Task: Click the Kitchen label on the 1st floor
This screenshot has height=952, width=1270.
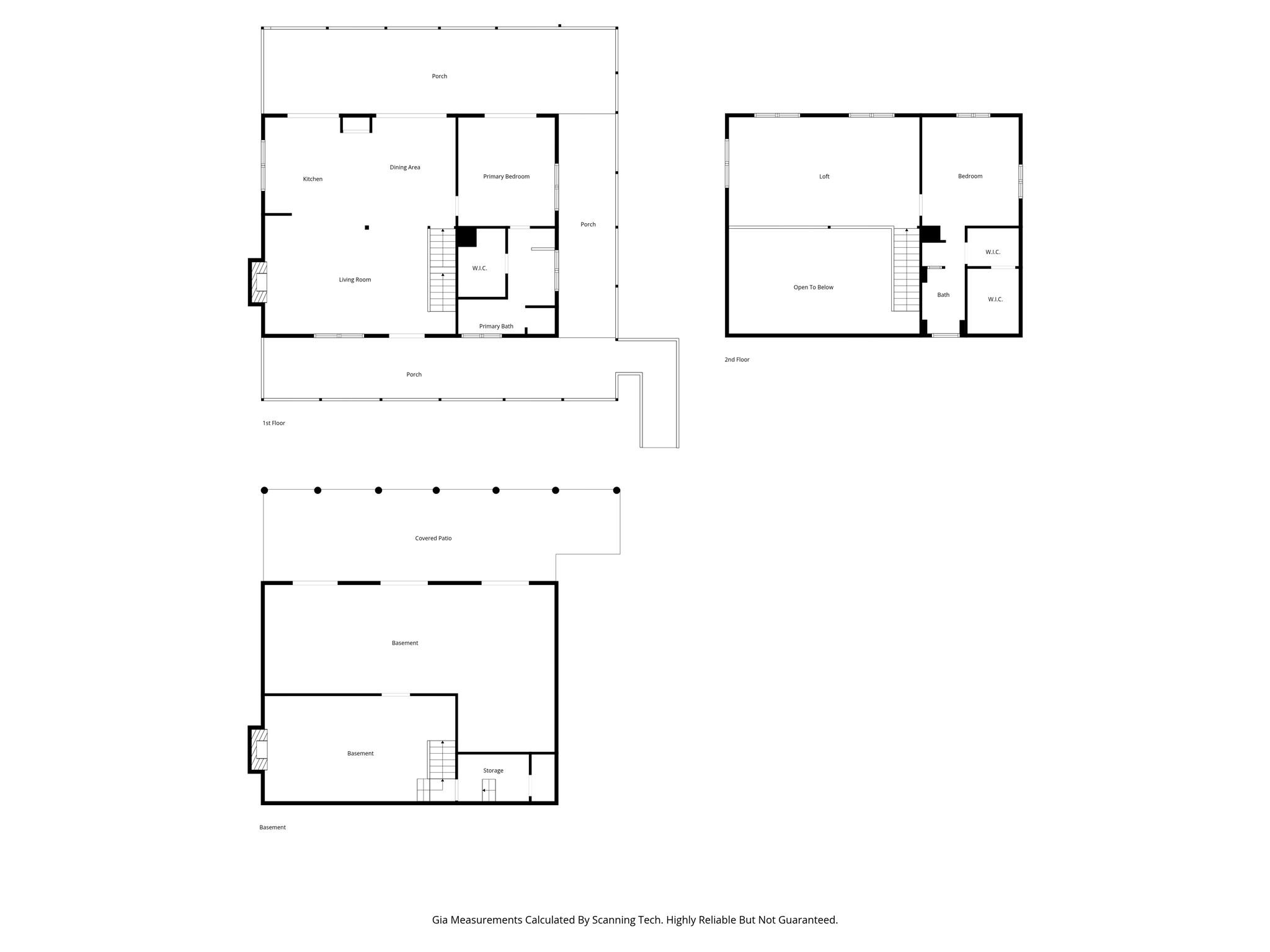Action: pos(313,179)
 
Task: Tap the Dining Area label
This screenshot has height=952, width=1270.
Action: pos(405,167)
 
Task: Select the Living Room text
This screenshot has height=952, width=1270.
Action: pos(355,280)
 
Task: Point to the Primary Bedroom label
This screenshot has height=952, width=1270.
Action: pos(506,177)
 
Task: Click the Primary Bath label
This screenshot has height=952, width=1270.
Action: pos(496,327)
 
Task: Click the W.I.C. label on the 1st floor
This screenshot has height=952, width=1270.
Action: pos(479,268)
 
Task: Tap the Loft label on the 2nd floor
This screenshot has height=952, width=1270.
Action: pos(824,177)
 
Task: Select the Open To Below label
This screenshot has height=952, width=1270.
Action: pos(813,288)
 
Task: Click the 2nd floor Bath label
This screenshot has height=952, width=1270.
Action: pos(943,295)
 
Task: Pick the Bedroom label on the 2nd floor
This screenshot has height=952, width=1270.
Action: pos(970,177)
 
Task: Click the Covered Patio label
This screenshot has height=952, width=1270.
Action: pos(433,539)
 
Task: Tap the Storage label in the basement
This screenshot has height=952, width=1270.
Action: pos(493,771)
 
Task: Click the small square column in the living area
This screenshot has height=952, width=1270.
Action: pos(367,227)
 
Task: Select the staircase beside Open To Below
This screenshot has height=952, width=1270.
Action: pos(906,270)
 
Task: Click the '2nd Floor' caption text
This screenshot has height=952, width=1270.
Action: pos(737,359)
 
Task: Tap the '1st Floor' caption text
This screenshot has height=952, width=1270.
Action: pos(273,423)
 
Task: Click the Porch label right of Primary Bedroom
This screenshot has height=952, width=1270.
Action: pos(588,224)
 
